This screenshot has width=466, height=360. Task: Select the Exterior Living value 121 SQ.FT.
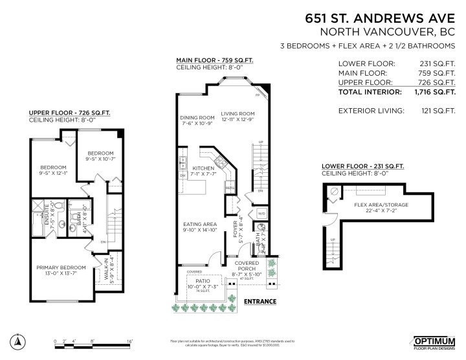pyautogui.click(x=435, y=111)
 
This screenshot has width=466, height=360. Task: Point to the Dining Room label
pyautogui.click(x=197, y=118)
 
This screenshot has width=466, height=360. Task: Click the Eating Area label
pyautogui.click(x=199, y=225)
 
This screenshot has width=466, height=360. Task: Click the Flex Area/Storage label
pyautogui.click(x=381, y=205)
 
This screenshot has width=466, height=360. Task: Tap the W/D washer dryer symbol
pyautogui.click(x=262, y=212)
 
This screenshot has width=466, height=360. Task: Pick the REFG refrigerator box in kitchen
pyautogui.click(x=229, y=188)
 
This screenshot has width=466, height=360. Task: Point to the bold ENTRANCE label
pyautogui.click(x=260, y=301)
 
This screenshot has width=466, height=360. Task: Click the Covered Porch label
pyautogui.click(x=246, y=266)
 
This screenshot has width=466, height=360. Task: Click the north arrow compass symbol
pyautogui.click(x=19, y=342)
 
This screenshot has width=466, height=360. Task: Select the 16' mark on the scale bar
pyautogui.click(x=129, y=340)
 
